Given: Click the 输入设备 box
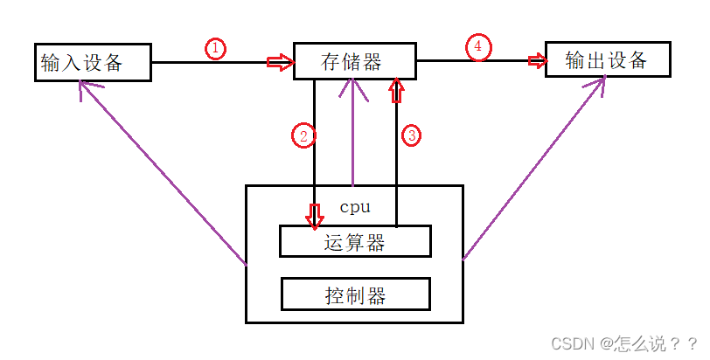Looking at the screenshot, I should pyautogui.click(x=93, y=63).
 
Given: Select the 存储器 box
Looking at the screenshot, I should pyautogui.click(x=353, y=61).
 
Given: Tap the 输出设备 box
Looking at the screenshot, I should pyautogui.click(x=608, y=60).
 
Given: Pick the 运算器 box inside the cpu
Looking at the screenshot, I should pyautogui.click(x=355, y=242).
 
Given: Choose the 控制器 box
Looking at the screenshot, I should pyautogui.click(x=355, y=294).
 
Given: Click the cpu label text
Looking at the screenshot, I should pyautogui.click(x=354, y=208).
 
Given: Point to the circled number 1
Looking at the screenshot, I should pyautogui.click(x=215, y=49).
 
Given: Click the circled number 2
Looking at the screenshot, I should pyautogui.click(x=303, y=135).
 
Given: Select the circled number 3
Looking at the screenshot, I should pyautogui.click(x=411, y=135).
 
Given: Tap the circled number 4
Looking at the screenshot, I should pyautogui.click(x=477, y=48).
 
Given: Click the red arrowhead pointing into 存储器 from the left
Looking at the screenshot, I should pyautogui.click(x=280, y=62).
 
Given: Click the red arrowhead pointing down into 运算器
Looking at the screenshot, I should pyautogui.click(x=314, y=216).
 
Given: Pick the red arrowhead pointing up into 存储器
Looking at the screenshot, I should pyautogui.click(x=398, y=88).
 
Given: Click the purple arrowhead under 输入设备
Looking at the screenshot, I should pyautogui.click(x=82, y=87).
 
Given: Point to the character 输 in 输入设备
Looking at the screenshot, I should pyautogui.click(x=51, y=63).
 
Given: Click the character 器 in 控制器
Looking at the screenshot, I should pyautogui.click(x=375, y=294).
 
